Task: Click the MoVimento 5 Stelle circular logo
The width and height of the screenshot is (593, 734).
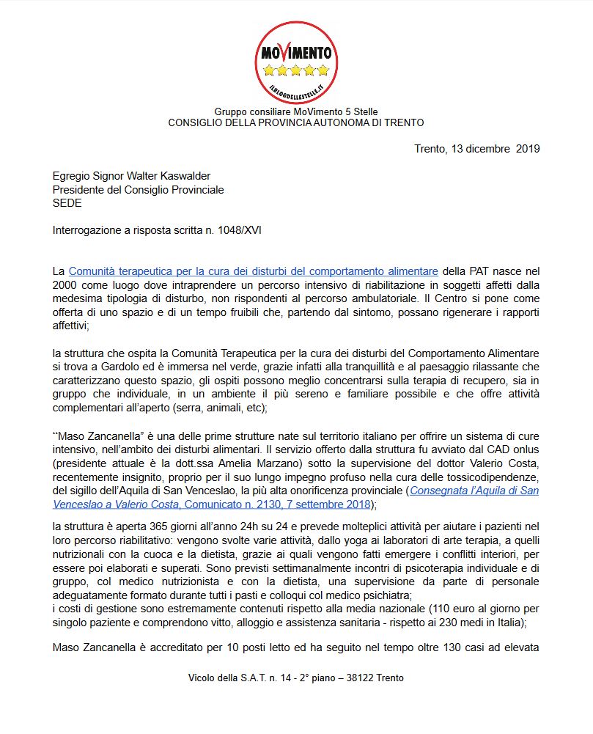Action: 296,62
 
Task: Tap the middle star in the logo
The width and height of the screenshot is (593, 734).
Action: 296,71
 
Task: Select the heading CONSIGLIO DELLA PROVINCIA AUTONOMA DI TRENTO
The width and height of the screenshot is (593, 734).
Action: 296,122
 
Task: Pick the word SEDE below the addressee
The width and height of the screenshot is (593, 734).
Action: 67,203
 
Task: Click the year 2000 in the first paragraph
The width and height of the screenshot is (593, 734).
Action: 66,284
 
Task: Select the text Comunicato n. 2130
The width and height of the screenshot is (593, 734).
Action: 226,504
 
